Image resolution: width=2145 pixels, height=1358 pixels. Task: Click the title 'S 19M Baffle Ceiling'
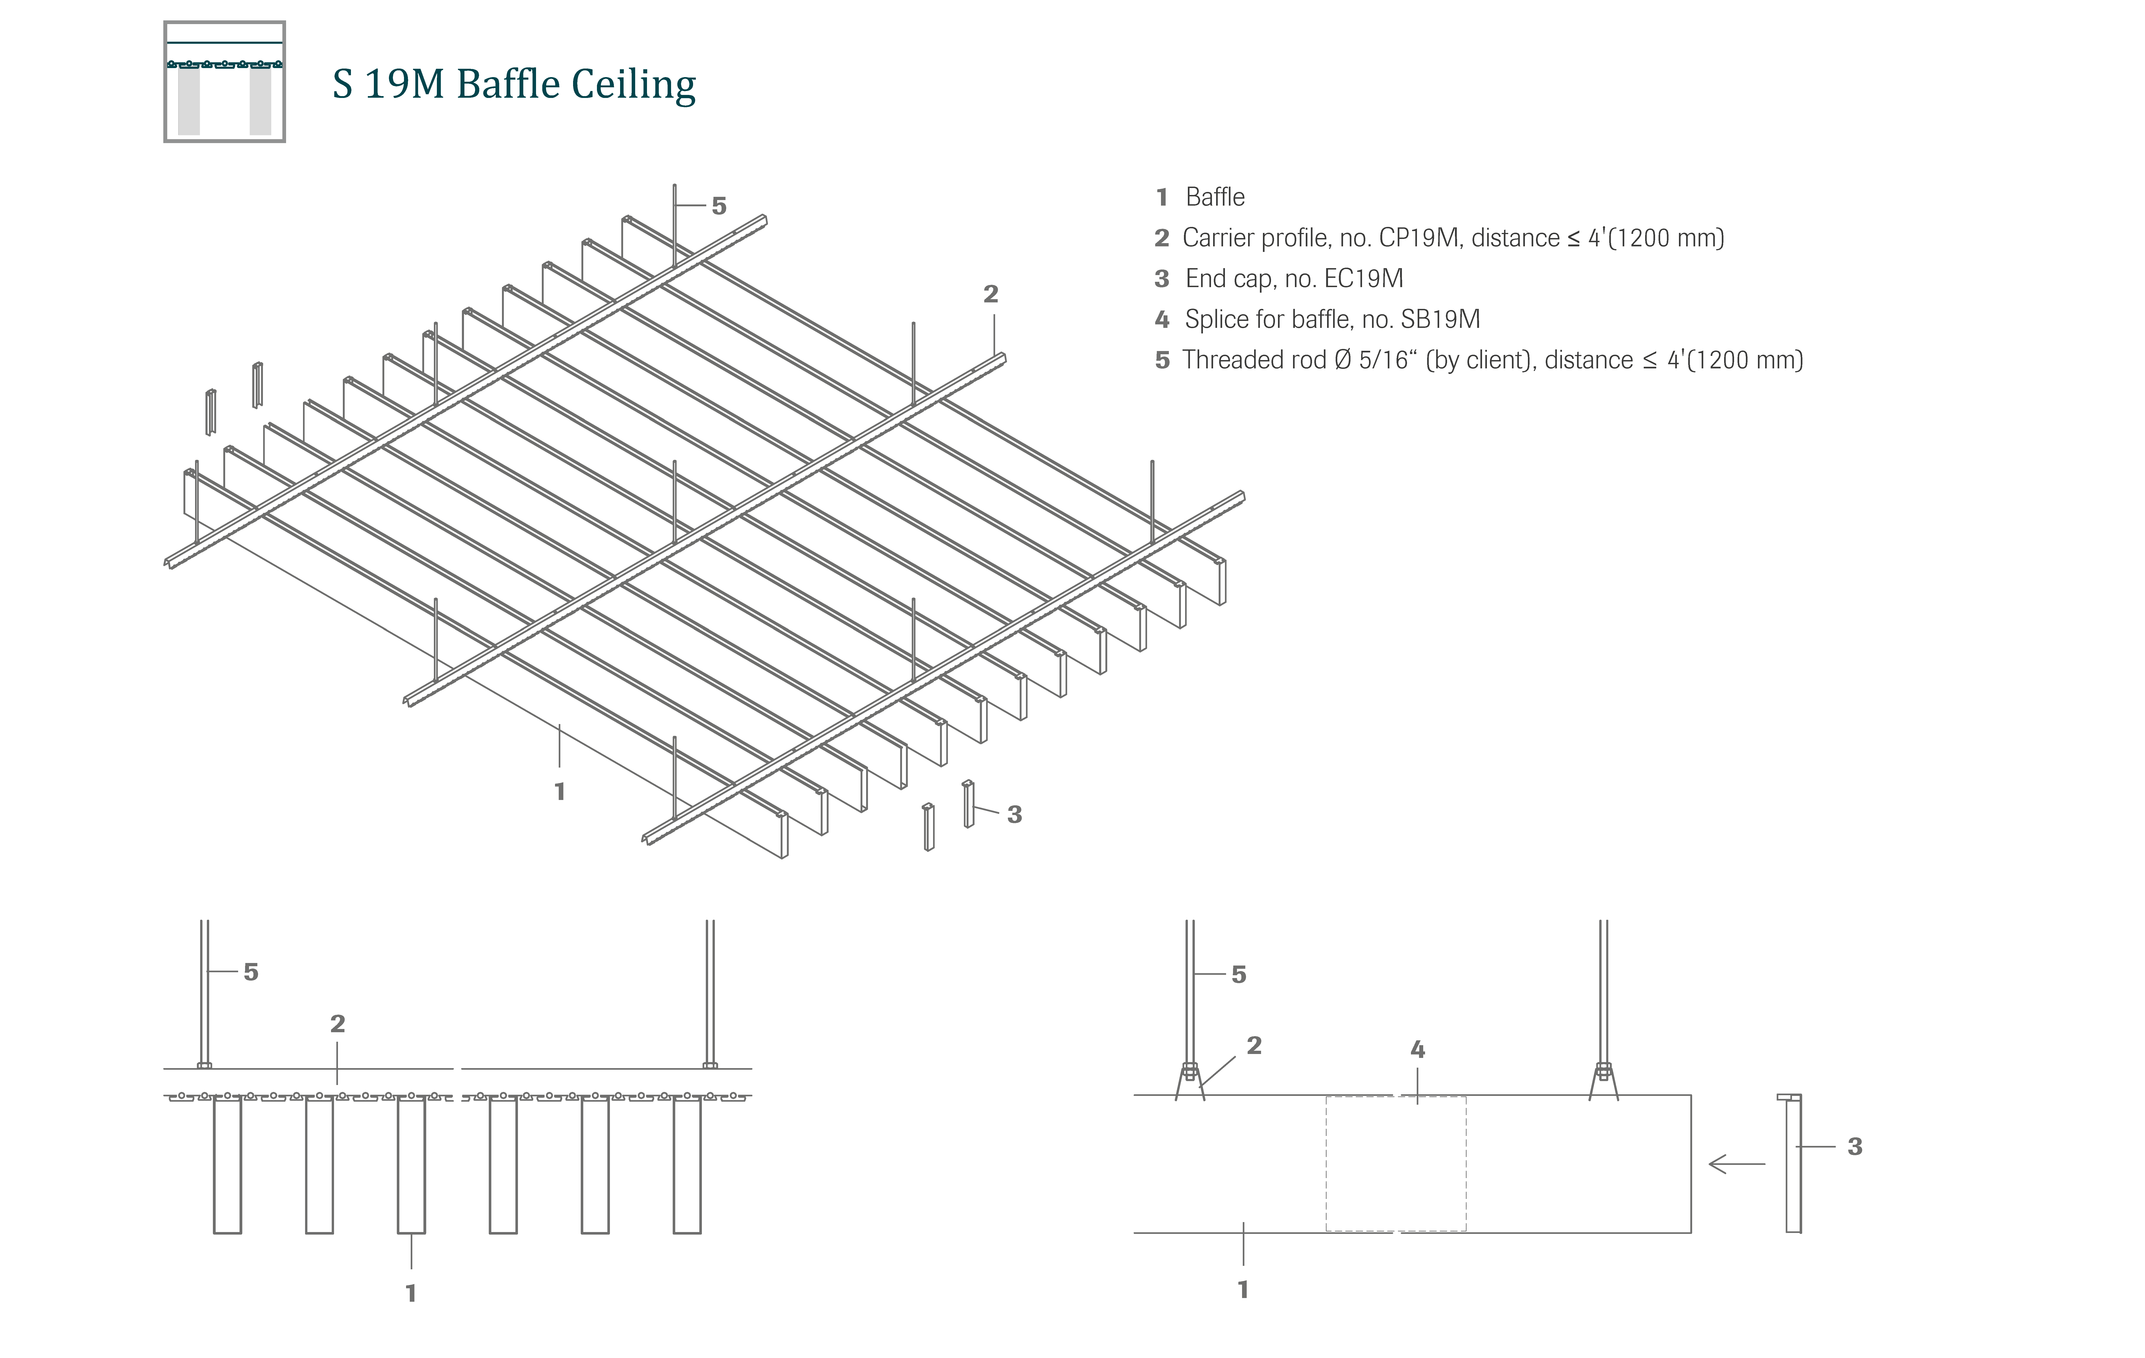click(x=514, y=85)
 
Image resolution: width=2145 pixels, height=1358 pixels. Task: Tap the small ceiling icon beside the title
click(x=224, y=82)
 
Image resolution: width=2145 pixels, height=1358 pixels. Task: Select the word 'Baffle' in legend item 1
click(x=1215, y=197)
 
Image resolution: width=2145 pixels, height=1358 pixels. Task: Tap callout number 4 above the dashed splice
click(x=1417, y=1050)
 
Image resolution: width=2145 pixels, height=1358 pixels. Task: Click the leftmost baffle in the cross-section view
click(x=227, y=1165)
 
